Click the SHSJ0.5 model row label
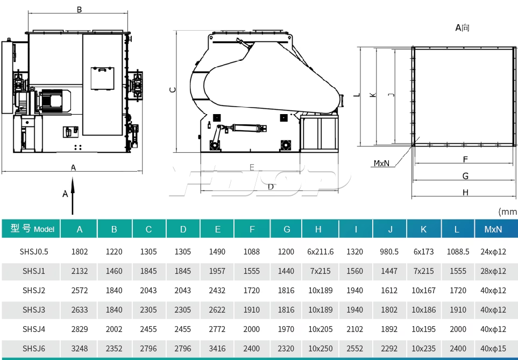(34, 252)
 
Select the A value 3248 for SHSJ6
(80, 348)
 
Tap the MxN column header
(493, 229)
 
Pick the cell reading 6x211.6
(321, 252)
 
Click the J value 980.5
(389, 252)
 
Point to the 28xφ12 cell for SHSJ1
(493, 271)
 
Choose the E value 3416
(217, 348)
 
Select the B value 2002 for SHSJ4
(114, 329)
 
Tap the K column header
(423, 229)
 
